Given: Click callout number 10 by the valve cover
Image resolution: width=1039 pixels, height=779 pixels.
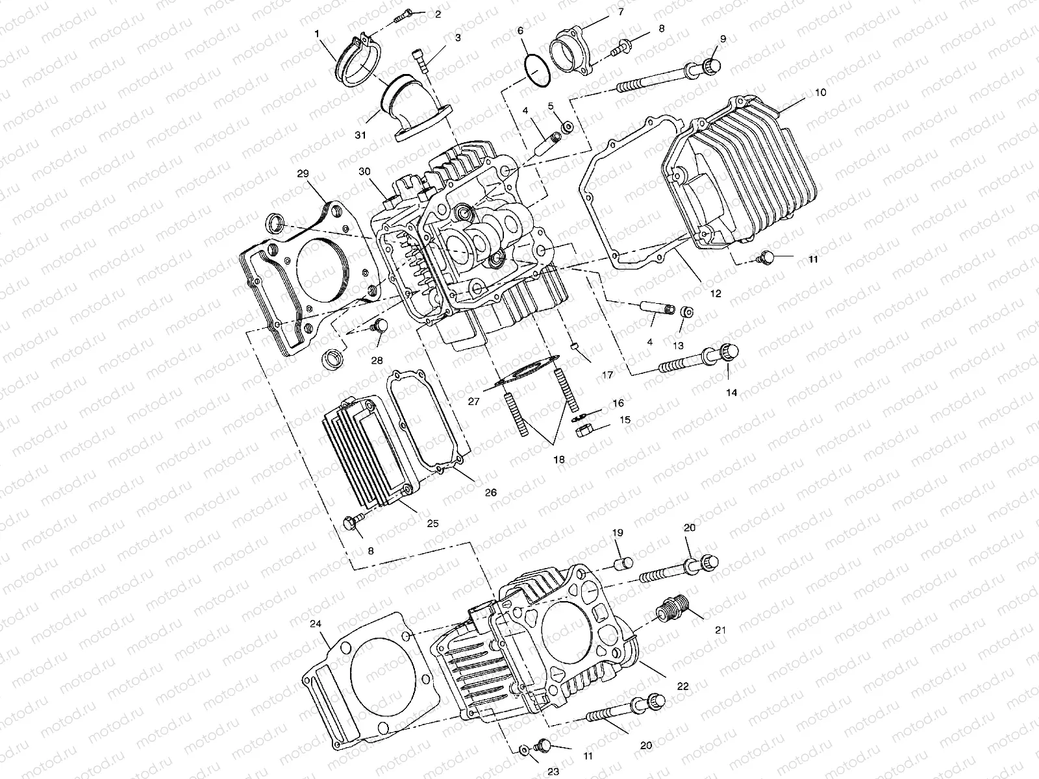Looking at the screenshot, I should tap(820, 93).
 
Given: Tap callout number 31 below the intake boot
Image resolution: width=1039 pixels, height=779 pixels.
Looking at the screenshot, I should tap(360, 135).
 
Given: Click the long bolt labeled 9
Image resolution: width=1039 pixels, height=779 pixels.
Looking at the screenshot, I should tap(675, 77).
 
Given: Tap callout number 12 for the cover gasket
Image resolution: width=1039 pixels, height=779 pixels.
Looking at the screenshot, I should tap(715, 293).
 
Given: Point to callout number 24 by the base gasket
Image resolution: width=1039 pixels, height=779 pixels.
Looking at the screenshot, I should tap(315, 624).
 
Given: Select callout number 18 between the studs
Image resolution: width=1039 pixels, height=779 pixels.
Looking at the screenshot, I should tap(558, 459).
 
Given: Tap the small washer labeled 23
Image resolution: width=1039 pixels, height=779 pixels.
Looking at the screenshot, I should tap(523, 751).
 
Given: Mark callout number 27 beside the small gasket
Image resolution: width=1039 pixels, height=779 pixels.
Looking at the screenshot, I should tap(473, 402).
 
